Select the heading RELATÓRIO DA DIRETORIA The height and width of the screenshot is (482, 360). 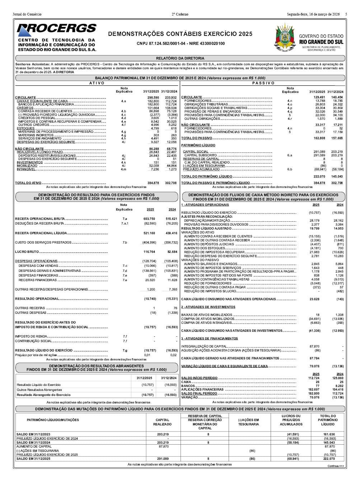[x=180, y=58]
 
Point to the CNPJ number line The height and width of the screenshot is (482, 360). [x=181, y=43]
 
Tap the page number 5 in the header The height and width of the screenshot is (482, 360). [x=346, y=14]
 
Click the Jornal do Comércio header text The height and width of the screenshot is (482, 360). [x=27, y=14]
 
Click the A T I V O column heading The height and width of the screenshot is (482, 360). [x=97, y=83]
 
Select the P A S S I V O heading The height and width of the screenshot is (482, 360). [x=263, y=83]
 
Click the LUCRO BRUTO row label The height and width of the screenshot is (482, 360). [x=27, y=252]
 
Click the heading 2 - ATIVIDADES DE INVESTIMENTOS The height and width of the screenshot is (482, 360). [x=208, y=307]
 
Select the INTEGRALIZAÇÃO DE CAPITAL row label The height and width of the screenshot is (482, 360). [x=204, y=346]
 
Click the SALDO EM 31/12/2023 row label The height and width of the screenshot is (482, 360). [x=33, y=434]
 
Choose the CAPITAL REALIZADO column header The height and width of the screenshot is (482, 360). [x=162, y=422]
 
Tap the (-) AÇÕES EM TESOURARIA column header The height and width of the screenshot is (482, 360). [x=248, y=422]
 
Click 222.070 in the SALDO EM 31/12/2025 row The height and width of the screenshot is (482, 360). [x=329, y=459]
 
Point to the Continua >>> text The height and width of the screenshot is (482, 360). [x=336, y=466]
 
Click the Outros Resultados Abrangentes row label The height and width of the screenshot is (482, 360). [x=39, y=390]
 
